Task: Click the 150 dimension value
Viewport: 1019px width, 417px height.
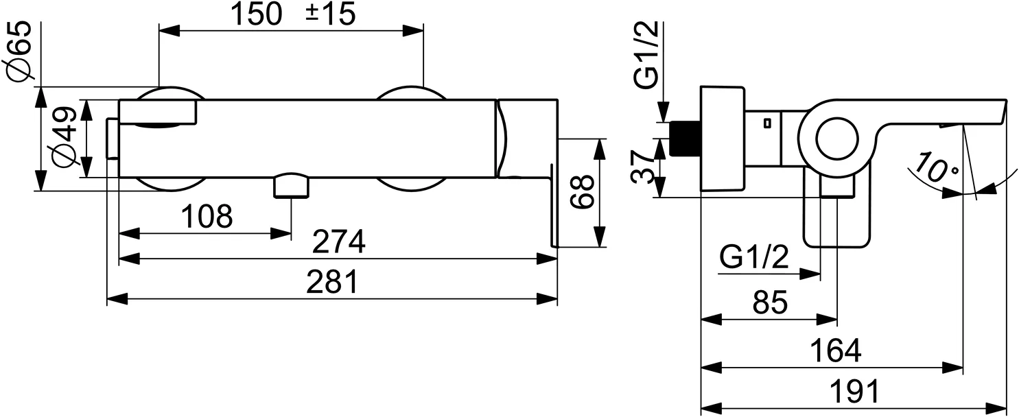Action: click(256, 14)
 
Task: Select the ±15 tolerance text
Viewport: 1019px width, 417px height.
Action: click(330, 14)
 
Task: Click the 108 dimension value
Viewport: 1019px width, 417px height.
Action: click(207, 217)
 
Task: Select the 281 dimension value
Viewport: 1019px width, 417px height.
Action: click(332, 282)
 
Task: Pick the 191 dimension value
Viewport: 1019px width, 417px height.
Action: click(853, 392)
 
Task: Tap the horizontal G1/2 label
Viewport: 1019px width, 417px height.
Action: click(754, 259)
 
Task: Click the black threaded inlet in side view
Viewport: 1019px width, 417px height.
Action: click(686, 139)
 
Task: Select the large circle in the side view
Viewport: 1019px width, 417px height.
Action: click(836, 140)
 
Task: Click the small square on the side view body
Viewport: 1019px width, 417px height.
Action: click(766, 123)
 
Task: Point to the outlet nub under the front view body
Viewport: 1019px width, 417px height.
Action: click(292, 186)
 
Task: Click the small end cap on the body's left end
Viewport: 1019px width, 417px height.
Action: click(112, 139)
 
